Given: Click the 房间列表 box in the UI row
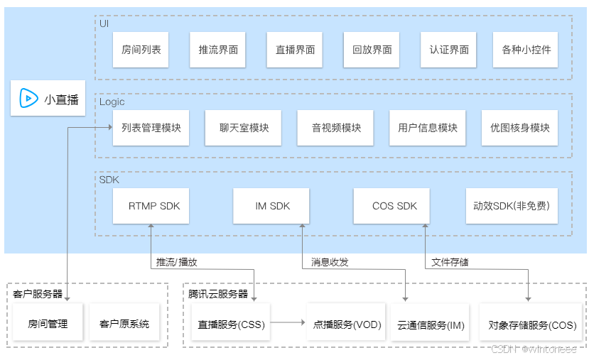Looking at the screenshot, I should click(x=141, y=50).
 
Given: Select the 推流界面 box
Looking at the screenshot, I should click(x=218, y=50).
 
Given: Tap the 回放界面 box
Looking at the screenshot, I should click(x=372, y=50).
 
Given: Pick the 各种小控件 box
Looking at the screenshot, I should click(x=526, y=50).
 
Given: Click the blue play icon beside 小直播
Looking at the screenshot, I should click(x=28, y=99).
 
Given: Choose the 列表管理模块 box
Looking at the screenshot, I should click(x=151, y=128).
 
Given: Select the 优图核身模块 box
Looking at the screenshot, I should click(x=519, y=128).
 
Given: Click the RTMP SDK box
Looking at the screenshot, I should click(x=154, y=206).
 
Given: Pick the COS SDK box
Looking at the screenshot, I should click(x=394, y=206).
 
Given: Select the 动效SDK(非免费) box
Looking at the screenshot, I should click(x=511, y=206).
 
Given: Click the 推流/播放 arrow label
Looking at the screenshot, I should click(x=177, y=262).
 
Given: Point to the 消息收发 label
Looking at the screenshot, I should click(x=330, y=262).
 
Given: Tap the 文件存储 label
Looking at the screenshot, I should click(x=450, y=262).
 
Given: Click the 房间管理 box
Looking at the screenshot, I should click(x=48, y=324).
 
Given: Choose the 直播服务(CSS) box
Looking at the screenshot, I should click(x=231, y=324).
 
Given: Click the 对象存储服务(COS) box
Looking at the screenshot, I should click(x=532, y=324).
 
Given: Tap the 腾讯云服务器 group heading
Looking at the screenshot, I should click(x=218, y=293).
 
